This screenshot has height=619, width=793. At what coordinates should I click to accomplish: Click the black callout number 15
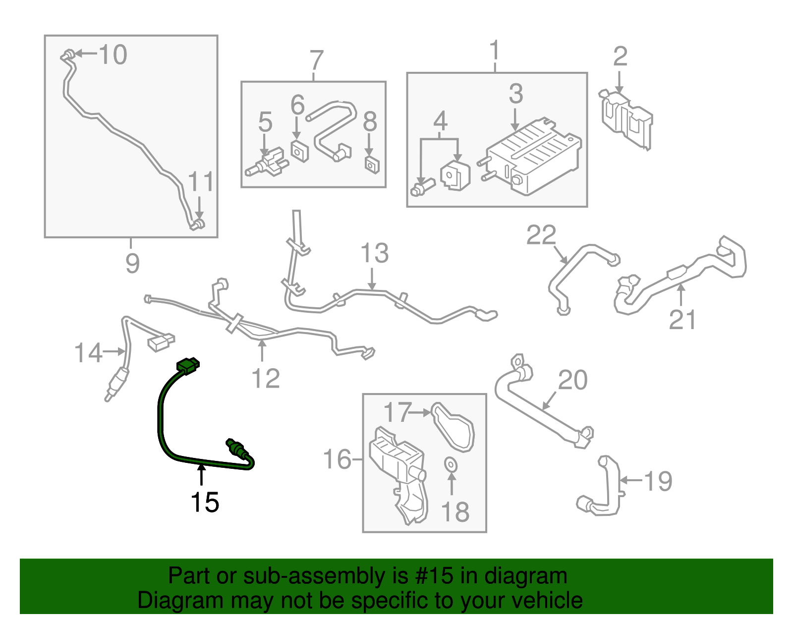coord(205,503)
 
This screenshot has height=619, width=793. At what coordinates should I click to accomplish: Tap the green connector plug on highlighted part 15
coord(188,366)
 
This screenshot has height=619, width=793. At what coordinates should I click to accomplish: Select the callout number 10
coord(113,55)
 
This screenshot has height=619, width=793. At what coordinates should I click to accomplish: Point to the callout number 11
coord(201,182)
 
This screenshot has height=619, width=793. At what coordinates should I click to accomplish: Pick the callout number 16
coord(337,459)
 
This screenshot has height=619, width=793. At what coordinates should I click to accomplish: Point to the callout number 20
coord(573,381)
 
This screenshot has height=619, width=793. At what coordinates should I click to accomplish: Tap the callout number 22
coord(541,235)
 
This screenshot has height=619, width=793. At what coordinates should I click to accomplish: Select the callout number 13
coord(375,253)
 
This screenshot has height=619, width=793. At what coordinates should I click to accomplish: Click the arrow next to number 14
coord(114,351)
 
